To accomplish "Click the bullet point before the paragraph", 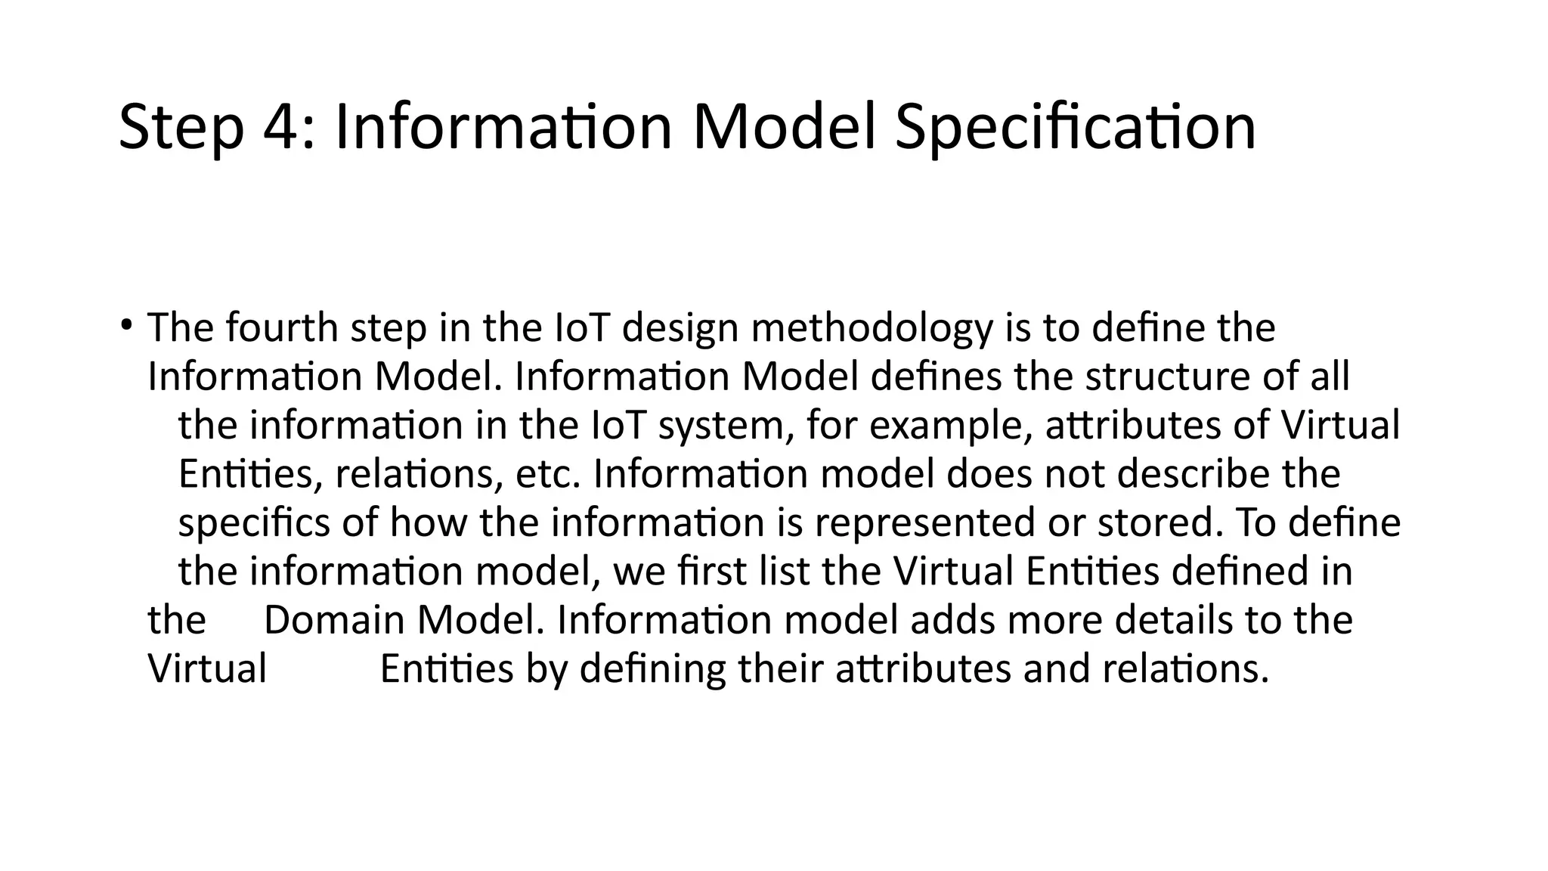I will pyautogui.click(x=125, y=326).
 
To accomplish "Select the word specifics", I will pyautogui.click(x=254, y=524).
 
